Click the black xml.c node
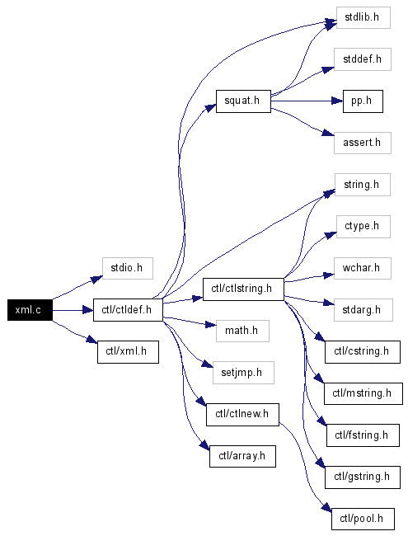coord(30,310)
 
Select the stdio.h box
coord(128,268)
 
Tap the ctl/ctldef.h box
coord(128,310)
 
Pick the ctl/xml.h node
coord(128,352)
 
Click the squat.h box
coord(243,101)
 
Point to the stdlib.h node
coord(363,17)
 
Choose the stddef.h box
coord(363,59)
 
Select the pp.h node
coord(363,101)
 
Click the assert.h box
coord(363,143)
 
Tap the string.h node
coord(363,185)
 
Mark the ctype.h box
coord(363,227)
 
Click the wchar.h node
coord(363,268)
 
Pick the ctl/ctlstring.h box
coord(243,289)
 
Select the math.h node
coord(242,331)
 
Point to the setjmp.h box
coord(243,373)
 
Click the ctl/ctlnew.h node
coord(242,415)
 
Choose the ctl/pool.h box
coord(363,520)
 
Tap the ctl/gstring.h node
coord(363,477)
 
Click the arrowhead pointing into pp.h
coord(337,101)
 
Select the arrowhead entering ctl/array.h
coord(204,445)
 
